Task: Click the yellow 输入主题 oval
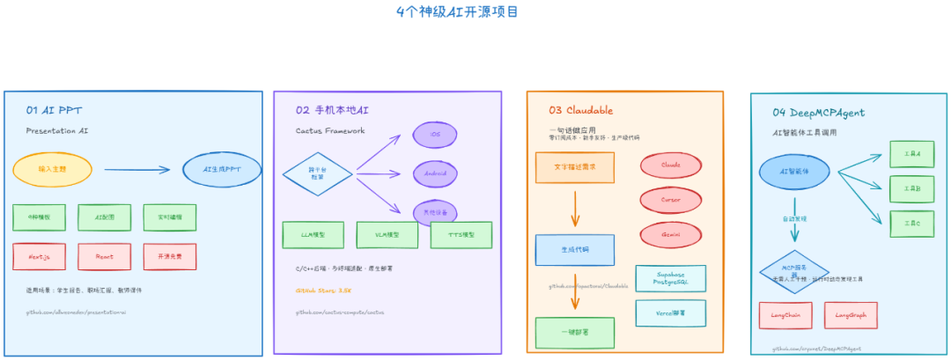click(52, 168)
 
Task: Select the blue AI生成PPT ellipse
click(221, 169)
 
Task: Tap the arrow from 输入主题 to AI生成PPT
click(136, 170)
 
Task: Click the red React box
click(104, 256)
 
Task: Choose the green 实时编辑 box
click(169, 217)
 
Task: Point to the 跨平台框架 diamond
click(317, 173)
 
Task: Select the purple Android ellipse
click(435, 173)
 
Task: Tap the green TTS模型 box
click(461, 235)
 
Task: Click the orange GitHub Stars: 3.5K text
click(323, 290)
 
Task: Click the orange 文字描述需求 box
click(574, 167)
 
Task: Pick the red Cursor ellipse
click(670, 200)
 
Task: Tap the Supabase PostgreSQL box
click(670, 277)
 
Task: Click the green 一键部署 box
click(574, 333)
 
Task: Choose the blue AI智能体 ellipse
click(793, 172)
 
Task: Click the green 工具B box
click(911, 188)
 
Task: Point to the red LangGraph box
click(850, 314)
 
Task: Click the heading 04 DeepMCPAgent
click(818, 113)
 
